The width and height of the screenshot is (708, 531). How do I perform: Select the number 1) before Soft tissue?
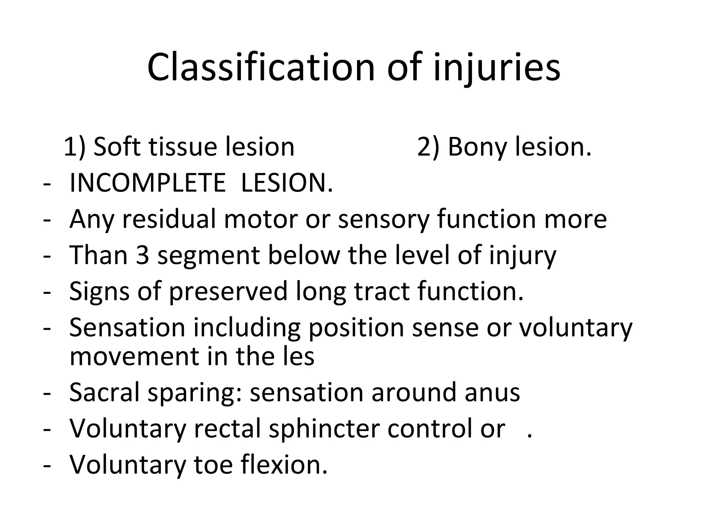pyautogui.click(x=74, y=147)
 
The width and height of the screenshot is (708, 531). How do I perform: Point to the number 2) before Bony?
pyautogui.click(x=428, y=147)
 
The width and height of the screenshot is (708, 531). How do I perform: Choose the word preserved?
pyautogui.click(x=229, y=292)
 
